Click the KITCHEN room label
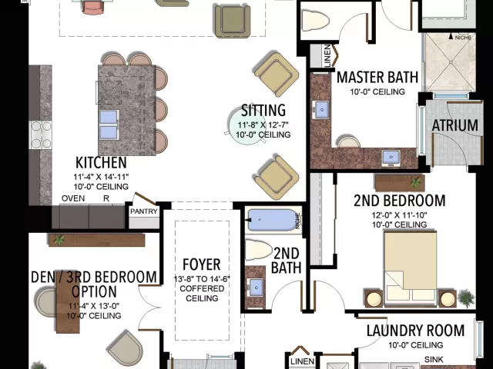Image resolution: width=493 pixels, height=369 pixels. coord(101,163)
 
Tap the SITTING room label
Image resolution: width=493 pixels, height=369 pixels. coord(263,110)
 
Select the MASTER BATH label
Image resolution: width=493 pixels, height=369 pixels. coord(377,78)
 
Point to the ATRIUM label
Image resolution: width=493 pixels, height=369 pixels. coord(454,125)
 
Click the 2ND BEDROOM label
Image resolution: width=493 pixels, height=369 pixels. coord(399,201)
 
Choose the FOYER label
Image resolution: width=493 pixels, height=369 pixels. coord(201,265)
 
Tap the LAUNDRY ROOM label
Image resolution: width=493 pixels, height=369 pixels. coord(415,331)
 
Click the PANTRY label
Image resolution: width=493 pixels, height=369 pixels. coord(144,211)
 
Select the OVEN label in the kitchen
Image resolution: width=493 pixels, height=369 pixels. coord(73,198)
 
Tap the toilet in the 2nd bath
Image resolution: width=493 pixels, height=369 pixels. coord(260,251)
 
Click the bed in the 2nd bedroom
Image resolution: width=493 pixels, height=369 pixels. coord(410,266)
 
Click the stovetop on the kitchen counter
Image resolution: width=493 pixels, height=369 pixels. coord(40,135)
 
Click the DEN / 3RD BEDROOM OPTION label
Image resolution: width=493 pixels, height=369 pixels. coord(94,284)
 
